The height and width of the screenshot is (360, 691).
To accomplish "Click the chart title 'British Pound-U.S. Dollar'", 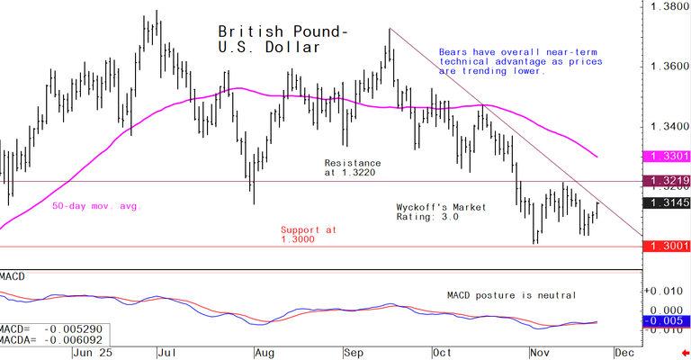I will pos(283,39).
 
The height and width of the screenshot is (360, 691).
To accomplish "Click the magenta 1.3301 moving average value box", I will pos(668,157).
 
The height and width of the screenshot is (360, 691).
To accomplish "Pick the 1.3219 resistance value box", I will pos(668,181).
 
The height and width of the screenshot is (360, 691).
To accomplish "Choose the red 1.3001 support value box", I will pos(668,246).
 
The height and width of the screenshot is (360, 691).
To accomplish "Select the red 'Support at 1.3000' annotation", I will pos(309,235).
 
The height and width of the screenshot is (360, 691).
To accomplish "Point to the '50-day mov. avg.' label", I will pos(96,206).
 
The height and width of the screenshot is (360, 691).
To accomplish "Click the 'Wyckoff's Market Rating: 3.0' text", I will pos(441,212).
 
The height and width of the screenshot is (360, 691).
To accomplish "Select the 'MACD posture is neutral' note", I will pos(511,294).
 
